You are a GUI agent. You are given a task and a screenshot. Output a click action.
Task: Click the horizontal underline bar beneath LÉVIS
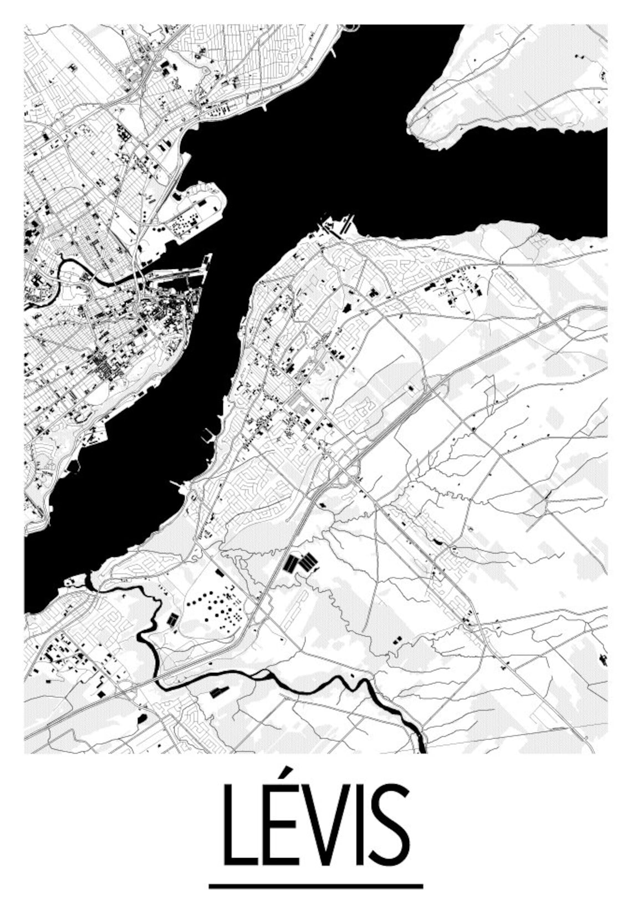pyautogui.click(x=315, y=886)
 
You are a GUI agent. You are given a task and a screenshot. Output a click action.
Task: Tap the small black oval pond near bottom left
pyautogui.click(x=142, y=718)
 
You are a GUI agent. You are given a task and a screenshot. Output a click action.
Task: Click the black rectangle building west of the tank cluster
pyautogui.click(x=173, y=618)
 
